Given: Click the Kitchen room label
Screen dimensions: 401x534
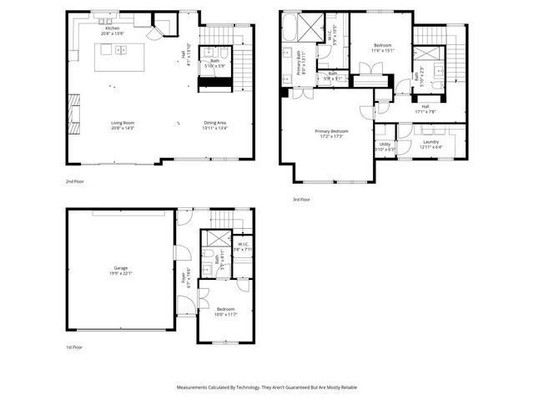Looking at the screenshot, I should point(112,28).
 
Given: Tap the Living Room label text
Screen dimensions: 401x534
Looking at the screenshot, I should point(123,123).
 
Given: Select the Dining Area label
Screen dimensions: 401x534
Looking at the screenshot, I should point(215,123).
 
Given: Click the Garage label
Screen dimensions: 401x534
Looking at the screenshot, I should point(122,268).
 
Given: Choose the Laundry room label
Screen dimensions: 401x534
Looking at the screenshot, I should point(431,142).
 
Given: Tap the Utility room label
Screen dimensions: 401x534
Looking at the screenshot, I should point(385,144).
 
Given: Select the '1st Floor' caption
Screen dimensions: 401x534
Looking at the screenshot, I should point(74,347).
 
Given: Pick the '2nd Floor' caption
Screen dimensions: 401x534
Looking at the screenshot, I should point(74,180).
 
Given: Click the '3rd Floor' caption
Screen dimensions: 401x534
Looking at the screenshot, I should point(301,200).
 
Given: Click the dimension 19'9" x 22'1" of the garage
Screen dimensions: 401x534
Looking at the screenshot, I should point(122,273).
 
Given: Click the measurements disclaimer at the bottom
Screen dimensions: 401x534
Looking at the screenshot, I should point(266,387).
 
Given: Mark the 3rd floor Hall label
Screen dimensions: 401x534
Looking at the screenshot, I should point(425,106).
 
